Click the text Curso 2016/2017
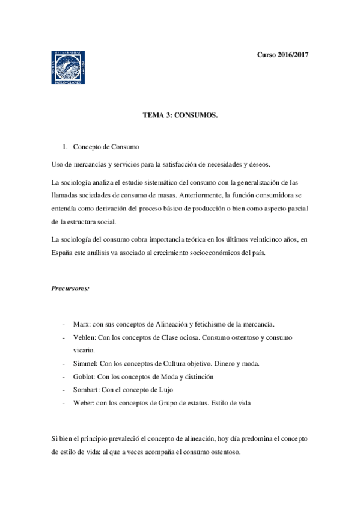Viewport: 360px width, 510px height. pos(282,55)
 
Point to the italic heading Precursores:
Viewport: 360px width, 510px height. pos(70,288)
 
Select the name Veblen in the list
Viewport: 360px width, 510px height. pos(84,337)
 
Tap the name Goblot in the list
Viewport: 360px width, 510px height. pos(84,376)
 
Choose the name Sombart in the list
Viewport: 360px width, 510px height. pos(87,390)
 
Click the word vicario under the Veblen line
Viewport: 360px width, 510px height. pos(84,350)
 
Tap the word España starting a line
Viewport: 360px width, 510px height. pos(62,253)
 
